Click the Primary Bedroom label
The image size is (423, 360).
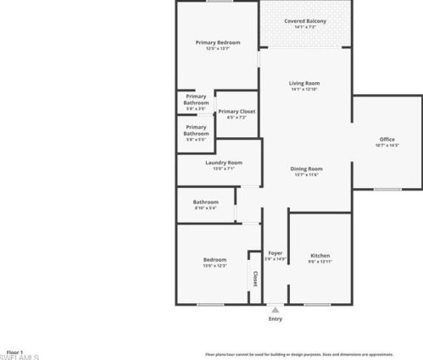coord(218,42)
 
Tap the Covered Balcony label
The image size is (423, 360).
coord(304,20)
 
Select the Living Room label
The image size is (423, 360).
coord(304,83)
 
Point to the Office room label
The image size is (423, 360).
coord(387,139)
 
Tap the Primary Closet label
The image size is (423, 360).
coord(237,111)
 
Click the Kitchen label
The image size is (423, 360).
coord(320,255)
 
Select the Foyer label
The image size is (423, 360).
coord(276,253)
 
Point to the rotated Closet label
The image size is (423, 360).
coord(255,278)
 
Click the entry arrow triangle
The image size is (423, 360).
coord(276,310)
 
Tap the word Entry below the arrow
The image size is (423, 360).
coord(276,318)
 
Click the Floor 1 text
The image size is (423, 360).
coord(14,352)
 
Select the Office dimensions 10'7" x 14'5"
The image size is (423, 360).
coord(387,145)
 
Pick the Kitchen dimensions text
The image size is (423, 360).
coord(320,261)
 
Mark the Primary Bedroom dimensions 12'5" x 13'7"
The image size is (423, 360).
coord(218,48)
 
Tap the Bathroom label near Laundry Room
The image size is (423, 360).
coord(206,202)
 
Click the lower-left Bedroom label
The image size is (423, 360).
coord(214,259)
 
